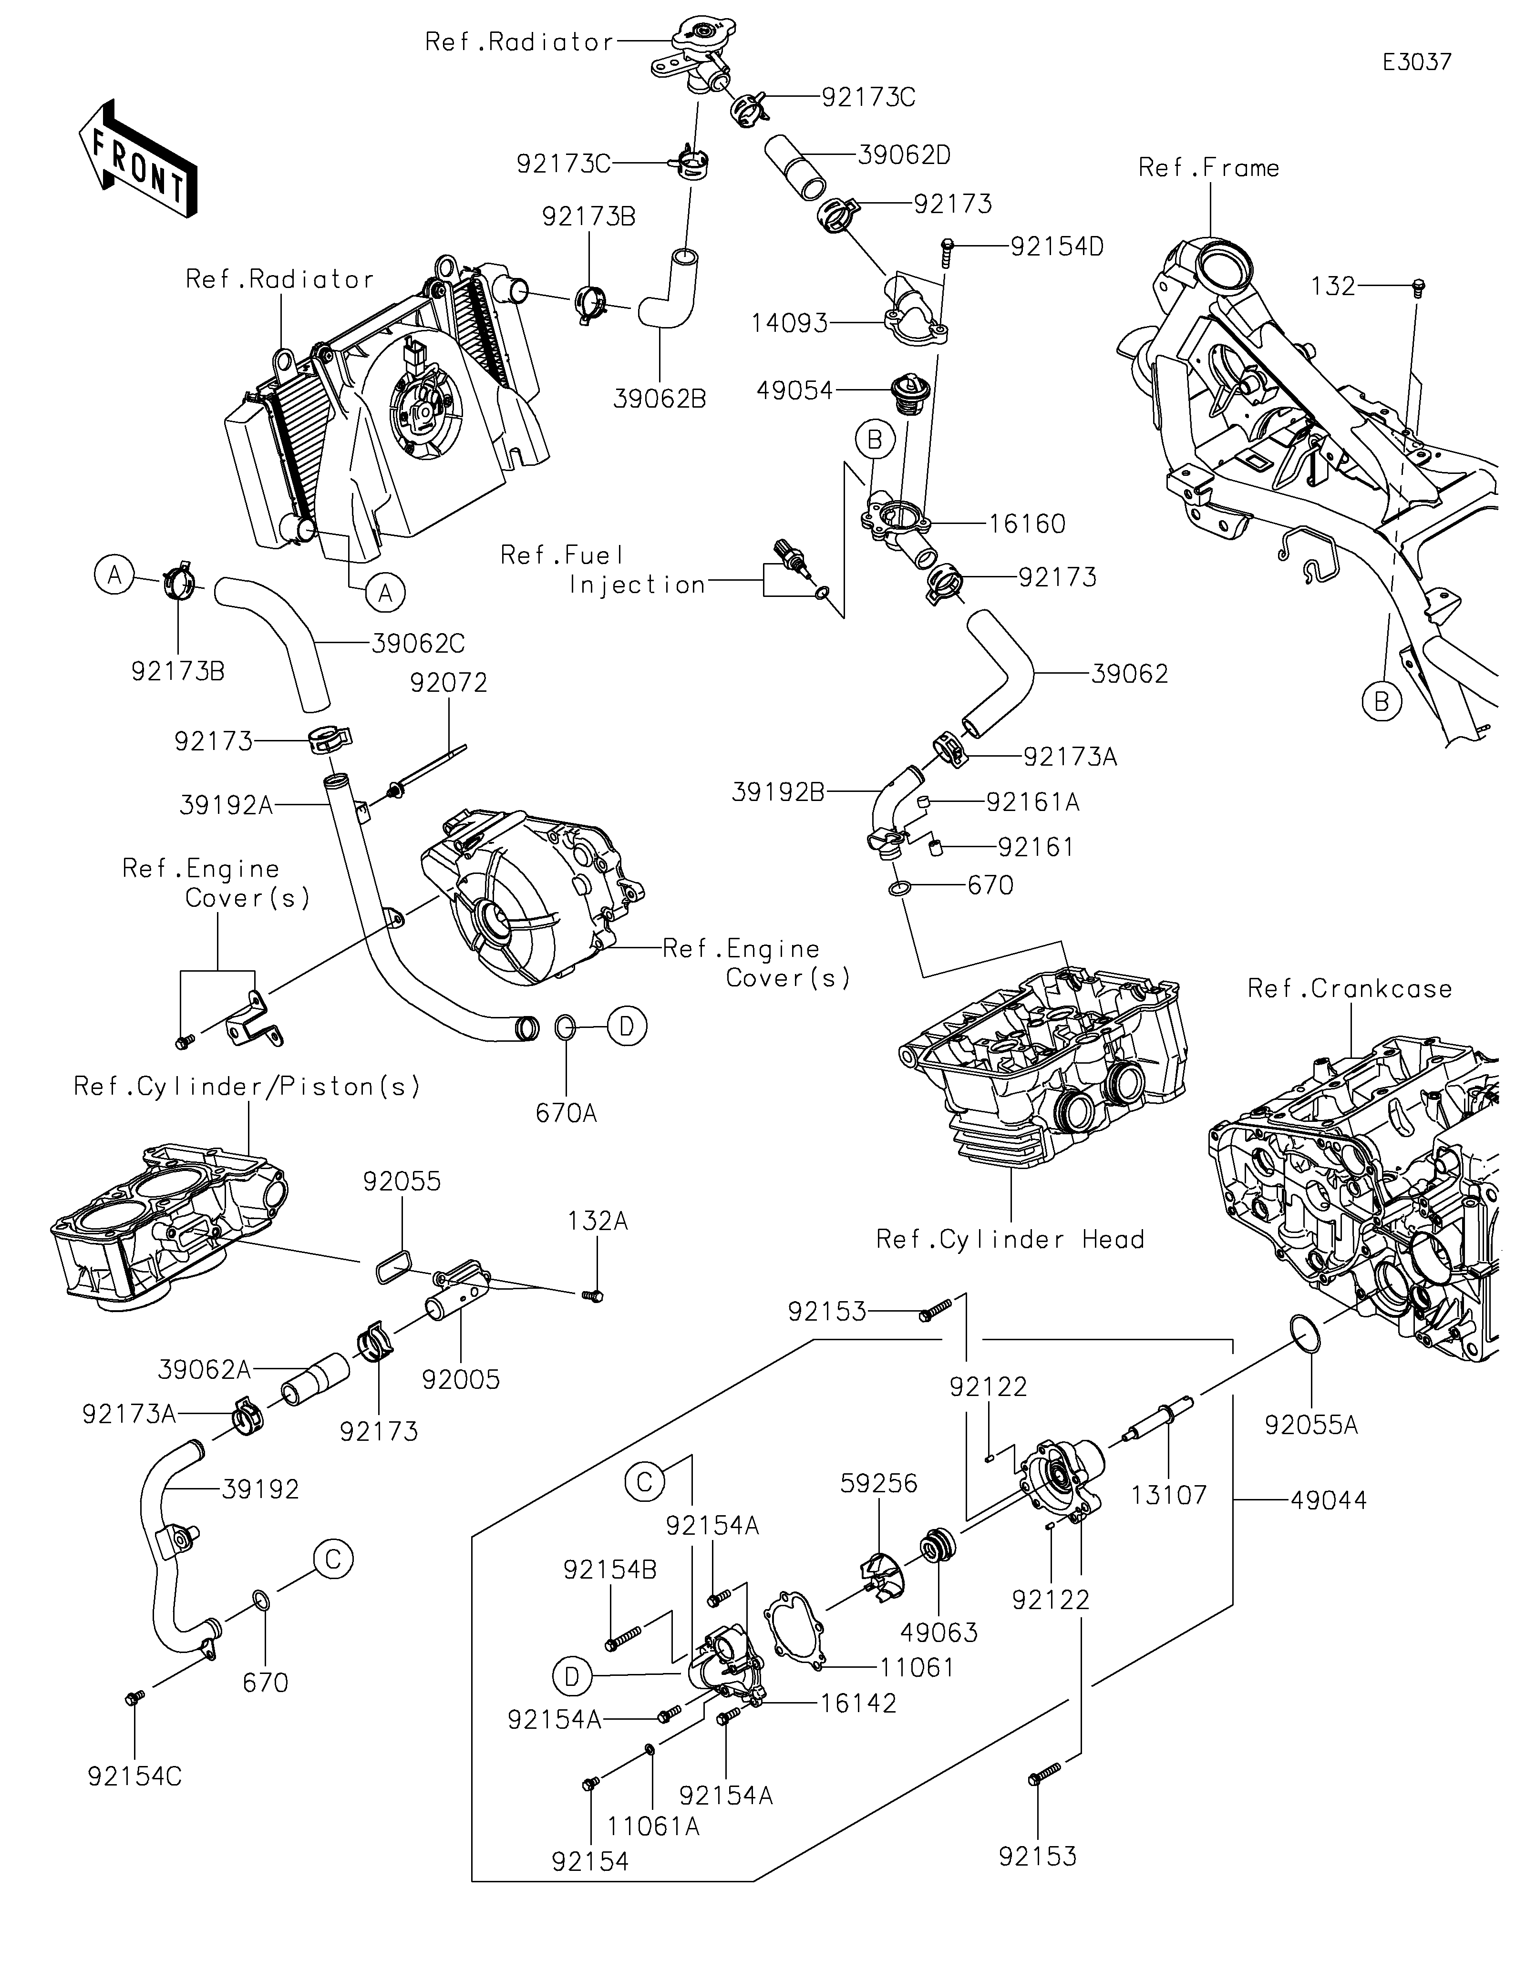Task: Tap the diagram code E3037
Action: [x=1417, y=62]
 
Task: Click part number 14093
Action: [x=790, y=322]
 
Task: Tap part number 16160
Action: [x=1027, y=524]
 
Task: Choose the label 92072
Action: [x=449, y=683]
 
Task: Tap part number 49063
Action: [x=938, y=1632]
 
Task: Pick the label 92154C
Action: [x=134, y=1777]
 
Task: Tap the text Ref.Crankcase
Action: [x=1349, y=989]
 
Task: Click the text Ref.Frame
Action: [x=1208, y=168]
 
